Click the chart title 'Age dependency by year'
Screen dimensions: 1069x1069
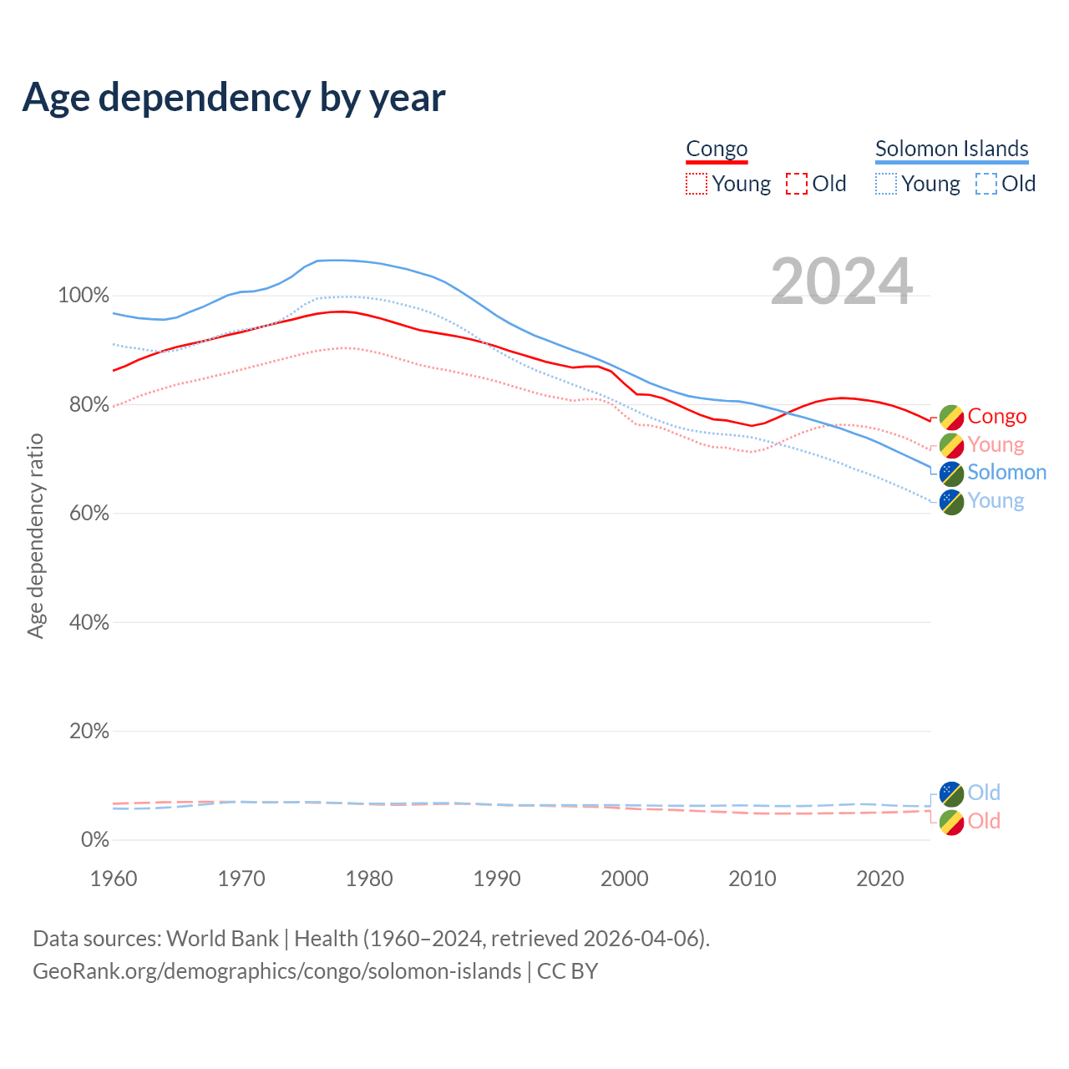tap(234, 98)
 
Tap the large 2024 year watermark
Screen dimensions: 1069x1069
tap(841, 281)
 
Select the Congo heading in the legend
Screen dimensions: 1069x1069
tap(717, 149)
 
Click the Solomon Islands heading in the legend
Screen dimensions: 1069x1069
tap(951, 149)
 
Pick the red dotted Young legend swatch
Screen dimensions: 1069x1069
tap(697, 184)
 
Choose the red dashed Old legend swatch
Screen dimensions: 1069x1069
tap(797, 184)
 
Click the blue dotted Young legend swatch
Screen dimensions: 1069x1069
tap(886, 184)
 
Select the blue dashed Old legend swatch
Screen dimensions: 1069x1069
tap(986, 184)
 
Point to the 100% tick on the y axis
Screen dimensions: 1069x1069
tap(84, 296)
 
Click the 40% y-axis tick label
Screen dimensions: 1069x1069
tap(89, 622)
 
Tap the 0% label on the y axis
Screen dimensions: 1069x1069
tap(95, 840)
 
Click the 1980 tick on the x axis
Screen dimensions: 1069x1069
tap(369, 879)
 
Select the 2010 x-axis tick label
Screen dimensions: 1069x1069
tap(752, 879)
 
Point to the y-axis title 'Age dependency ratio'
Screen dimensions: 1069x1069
tap(35, 535)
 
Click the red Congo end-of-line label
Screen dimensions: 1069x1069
tap(997, 417)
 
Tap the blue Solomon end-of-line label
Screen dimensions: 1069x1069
tap(1006, 473)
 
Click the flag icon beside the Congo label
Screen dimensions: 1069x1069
tap(951, 417)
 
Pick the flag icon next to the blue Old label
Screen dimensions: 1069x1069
tap(951, 793)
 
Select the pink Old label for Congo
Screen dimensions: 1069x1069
tap(984, 822)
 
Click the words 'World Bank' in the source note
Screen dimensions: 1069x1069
tap(222, 939)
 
